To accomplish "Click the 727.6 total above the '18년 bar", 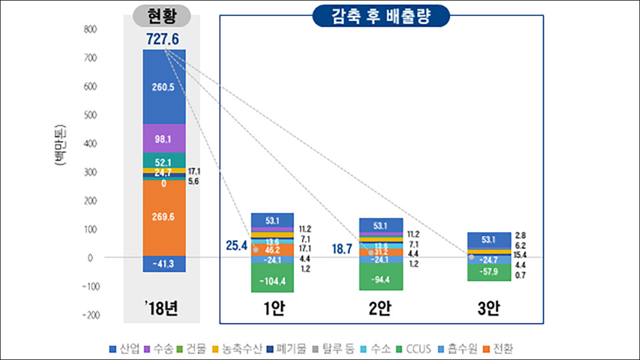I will (163, 39).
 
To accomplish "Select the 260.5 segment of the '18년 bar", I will (164, 86).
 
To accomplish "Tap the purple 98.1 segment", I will (164, 139).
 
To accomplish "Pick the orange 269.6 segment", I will (164, 217).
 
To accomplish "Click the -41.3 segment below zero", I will (164, 264).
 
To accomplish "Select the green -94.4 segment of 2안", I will (381, 278).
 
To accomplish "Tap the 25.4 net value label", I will (235, 246).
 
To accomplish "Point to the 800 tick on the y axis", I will (90, 30).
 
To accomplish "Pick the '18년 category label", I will (163, 309).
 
